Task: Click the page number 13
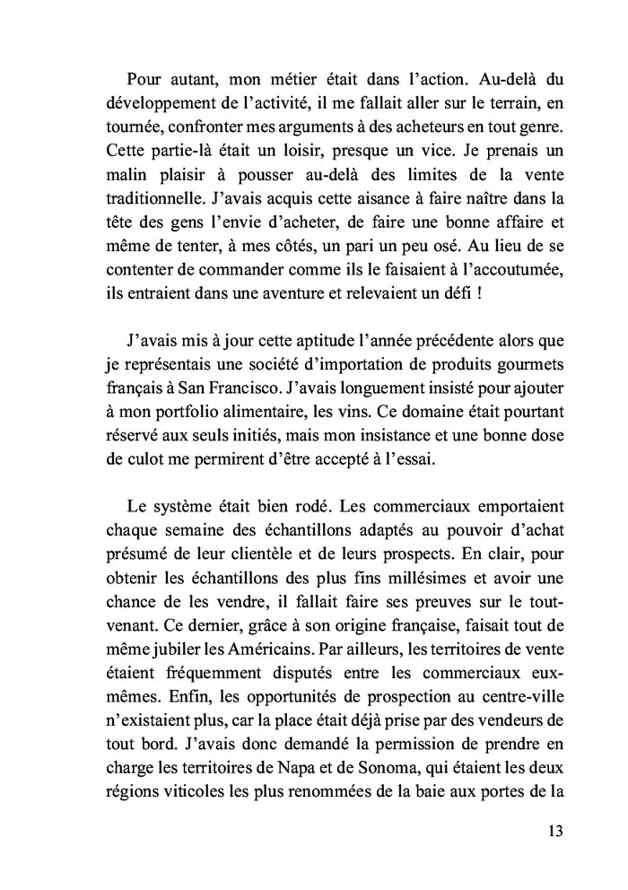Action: click(x=554, y=830)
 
